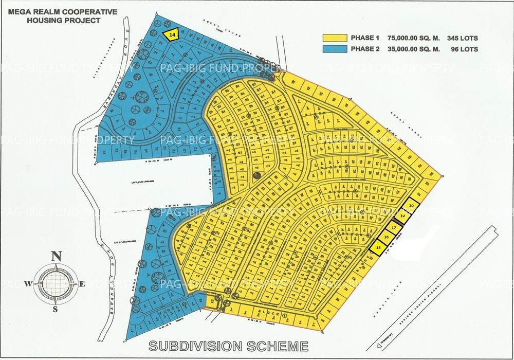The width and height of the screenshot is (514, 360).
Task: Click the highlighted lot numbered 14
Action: [172, 33]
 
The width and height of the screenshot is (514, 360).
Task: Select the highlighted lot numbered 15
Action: [378, 247]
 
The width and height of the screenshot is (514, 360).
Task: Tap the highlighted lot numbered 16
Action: [386, 237]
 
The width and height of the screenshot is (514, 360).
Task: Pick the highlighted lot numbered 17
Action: [394, 227]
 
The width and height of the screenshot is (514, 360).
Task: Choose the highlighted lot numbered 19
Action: [403, 217]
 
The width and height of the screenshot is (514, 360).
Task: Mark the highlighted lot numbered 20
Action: [411, 205]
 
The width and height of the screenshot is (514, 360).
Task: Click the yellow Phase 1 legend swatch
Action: [334, 38]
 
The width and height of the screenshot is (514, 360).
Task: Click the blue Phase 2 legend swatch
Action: [334, 49]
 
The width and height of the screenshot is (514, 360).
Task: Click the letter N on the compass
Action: [57, 256]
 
